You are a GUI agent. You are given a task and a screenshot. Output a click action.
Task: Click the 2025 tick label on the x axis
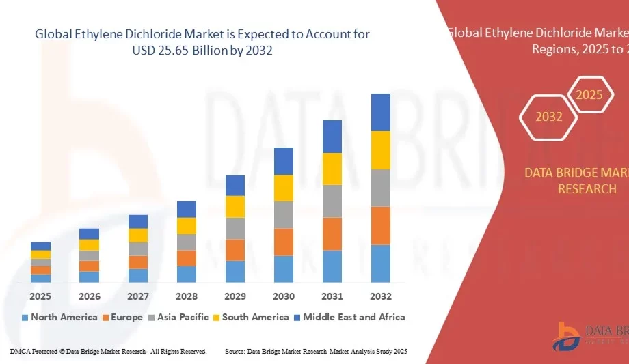tap(40, 296)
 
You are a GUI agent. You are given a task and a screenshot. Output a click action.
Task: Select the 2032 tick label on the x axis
tap(381, 296)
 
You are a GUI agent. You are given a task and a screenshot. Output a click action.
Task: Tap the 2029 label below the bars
tap(235, 296)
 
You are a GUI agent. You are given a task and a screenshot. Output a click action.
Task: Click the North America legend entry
tap(59, 317)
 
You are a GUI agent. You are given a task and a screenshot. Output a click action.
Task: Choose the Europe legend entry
tap(122, 317)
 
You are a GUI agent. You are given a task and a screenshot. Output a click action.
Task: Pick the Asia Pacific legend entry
tap(180, 317)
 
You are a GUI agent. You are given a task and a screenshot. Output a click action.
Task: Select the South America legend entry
tap(250, 317)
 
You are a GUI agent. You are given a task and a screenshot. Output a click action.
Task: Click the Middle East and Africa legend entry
tap(349, 317)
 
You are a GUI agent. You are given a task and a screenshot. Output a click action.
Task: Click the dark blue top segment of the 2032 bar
tap(381, 112)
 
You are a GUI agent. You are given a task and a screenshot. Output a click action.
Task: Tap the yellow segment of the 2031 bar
tap(332, 169)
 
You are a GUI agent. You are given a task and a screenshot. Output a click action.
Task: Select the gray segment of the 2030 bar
tap(284, 214)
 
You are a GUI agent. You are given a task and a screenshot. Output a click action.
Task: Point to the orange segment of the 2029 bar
tap(235, 250)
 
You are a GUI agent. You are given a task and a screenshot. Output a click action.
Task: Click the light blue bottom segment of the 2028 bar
tap(187, 274)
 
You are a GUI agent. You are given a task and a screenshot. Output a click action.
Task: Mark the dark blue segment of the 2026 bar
tap(89, 234)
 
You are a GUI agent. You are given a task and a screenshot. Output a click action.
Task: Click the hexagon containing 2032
tap(548, 117)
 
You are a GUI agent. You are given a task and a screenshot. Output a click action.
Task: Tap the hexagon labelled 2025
tap(589, 95)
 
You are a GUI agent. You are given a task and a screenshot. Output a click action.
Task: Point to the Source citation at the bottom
tap(316, 351)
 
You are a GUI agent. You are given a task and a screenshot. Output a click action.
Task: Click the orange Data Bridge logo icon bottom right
tap(567, 335)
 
